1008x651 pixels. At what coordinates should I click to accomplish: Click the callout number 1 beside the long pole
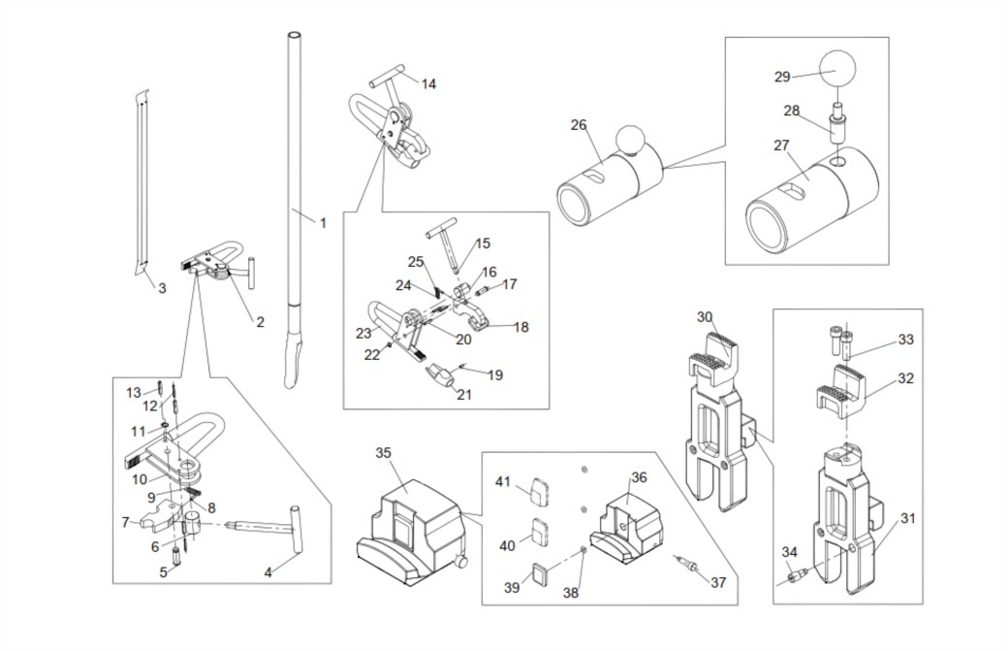[x=323, y=223]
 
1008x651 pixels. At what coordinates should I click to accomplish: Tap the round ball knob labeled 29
[x=837, y=69]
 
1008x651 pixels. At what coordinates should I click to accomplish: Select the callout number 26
[x=579, y=125]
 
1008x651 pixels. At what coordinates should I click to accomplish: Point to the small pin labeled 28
[x=837, y=123]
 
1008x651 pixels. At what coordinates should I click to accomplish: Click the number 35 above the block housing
[x=383, y=453]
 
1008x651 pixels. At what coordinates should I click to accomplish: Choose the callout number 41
[x=503, y=481]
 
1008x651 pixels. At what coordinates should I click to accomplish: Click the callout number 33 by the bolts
[x=905, y=339]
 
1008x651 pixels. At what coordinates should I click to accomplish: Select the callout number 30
[x=705, y=317]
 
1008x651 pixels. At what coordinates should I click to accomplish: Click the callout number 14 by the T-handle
[x=428, y=84]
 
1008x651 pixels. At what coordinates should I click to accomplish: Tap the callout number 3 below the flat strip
[x=162, y=288]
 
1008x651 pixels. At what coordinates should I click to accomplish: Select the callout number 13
[x=133, y=392]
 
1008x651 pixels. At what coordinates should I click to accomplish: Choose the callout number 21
[x=464, y=394]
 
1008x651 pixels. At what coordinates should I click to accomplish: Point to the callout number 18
[x=520, y=327]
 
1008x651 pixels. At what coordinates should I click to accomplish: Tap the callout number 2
[x=260, y=322]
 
